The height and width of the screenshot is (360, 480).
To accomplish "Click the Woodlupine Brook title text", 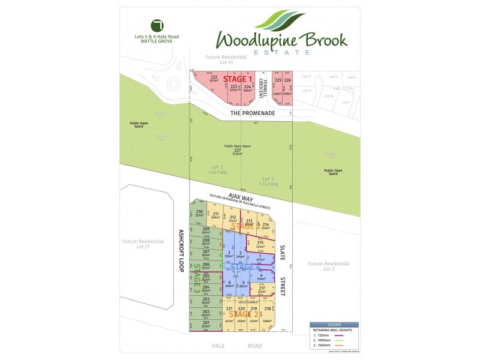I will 281,40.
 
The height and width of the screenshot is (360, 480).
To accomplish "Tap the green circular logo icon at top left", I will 158,25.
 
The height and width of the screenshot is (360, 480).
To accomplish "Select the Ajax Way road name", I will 239,199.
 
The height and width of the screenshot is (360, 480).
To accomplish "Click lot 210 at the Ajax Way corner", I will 199,213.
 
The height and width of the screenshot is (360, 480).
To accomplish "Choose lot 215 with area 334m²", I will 260,244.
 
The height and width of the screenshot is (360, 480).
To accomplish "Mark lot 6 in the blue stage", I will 229,284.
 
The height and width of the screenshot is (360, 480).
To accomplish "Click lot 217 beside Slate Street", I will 262,290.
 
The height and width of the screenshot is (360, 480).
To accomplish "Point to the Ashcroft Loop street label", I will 180,250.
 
